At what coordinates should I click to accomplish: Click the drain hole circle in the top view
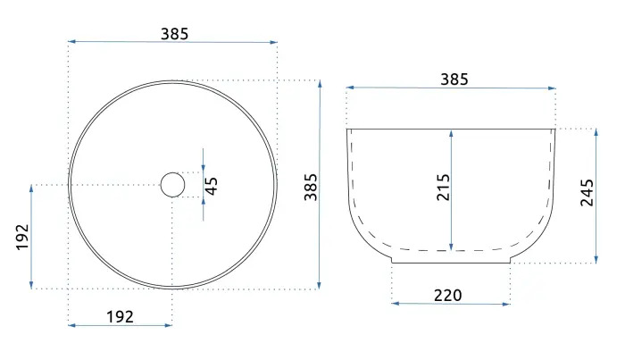pos(172,173)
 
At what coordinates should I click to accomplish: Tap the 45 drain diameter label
pos(212,186)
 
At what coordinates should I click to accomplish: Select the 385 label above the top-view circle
pos(175,34)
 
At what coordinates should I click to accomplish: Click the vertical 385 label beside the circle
pos(311,187)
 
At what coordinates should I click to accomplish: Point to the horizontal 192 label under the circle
pos(120,317)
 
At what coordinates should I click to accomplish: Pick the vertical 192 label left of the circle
pos(22,238)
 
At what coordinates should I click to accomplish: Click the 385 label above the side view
pos(454,80)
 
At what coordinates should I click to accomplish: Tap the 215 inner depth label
pos(443,187)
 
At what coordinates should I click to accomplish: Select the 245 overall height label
pos(587,193)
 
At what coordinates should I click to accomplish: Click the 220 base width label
pos(447,296)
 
